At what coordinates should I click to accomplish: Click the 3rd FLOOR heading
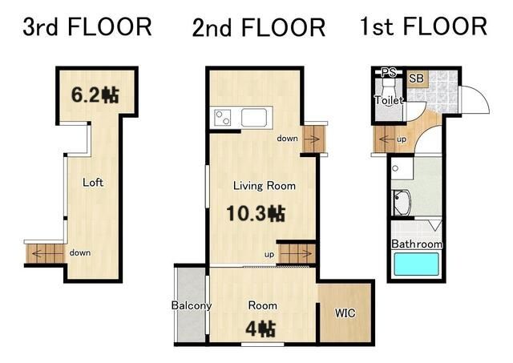[87, 26]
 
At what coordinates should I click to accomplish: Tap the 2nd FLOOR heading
[259, 27]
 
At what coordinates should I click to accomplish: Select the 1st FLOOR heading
[424, 26]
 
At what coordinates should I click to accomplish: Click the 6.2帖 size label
[95, 95]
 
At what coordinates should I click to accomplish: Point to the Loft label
[93, 182]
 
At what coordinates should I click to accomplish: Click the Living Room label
[265, 186]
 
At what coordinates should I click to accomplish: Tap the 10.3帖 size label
[256, 213]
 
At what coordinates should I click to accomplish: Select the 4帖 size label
[261, 329]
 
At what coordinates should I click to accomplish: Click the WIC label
[345, 313]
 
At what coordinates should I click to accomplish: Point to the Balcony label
[192, 305]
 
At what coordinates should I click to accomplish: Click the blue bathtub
[416, 264]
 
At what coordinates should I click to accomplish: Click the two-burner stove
[223, 118]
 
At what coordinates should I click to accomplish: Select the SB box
[416, 79]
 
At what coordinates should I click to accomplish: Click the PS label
[389, 72]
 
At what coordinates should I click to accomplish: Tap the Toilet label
[389, 100]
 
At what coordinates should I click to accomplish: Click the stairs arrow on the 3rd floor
[38, 253]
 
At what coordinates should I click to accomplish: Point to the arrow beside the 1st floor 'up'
[386, 139]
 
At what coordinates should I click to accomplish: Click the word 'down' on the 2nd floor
[287, 139]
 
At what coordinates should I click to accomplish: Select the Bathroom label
[417, 244]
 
